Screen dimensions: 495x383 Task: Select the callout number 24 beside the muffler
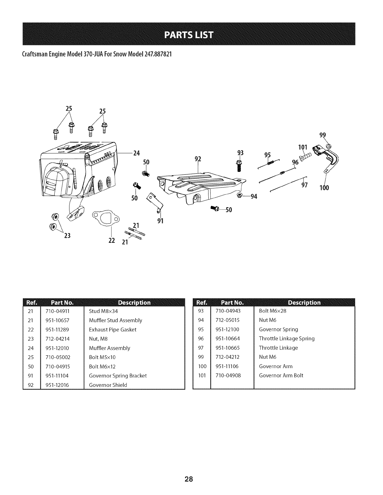136,153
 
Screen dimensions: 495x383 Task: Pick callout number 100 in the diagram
324,188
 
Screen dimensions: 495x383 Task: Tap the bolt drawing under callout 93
240,165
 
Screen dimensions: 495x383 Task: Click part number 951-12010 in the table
58,348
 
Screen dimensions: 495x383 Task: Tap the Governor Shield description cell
108,385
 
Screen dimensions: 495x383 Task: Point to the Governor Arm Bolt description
281,375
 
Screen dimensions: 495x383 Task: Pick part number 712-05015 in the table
227,320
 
